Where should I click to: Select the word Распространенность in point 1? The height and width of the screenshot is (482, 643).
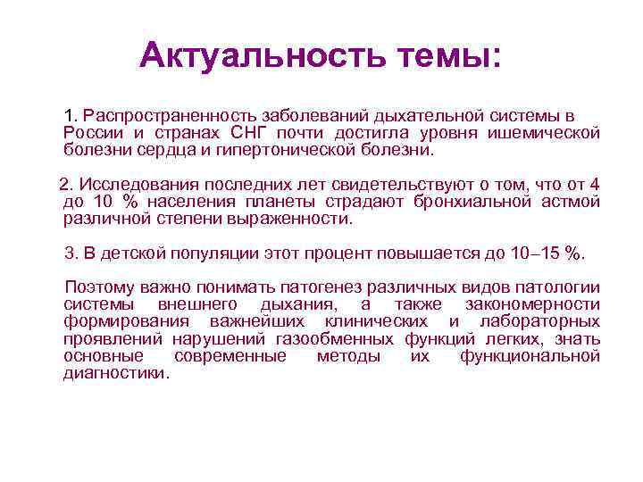tap(169, 117)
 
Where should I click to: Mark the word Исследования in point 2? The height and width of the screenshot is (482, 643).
tap(133, 185)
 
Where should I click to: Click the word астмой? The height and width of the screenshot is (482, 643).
tap(570, 202)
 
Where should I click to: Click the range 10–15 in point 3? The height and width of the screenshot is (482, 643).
tap(536, 253)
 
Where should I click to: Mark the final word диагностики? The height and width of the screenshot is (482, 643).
tap(115, 373)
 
